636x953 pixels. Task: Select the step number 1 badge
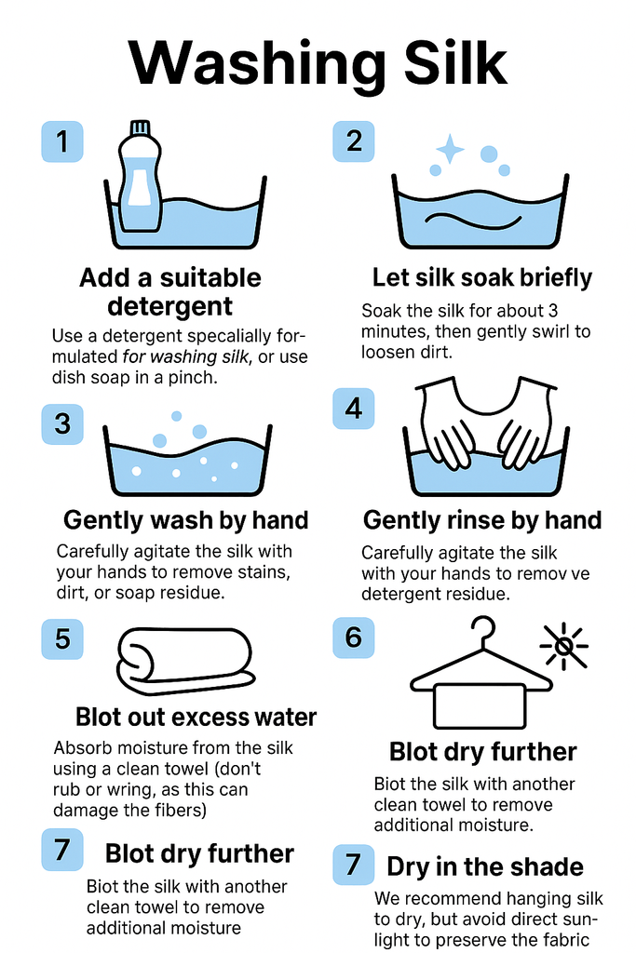point(62,141)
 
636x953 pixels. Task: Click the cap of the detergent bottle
point(141,127)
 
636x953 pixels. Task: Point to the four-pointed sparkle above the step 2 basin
point(450,149)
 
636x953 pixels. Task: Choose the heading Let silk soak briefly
point(482,277)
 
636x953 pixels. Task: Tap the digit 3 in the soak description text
point(552,311)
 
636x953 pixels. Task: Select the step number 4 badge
point(353,409)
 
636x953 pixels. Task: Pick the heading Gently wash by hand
point(186,520)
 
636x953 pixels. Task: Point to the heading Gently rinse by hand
point(482,520)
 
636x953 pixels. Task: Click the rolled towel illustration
point(186,662)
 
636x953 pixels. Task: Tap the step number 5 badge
point(62,639)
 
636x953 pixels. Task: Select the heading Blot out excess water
point(196,718)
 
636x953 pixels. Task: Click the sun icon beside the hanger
point(564,646)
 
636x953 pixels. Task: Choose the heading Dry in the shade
point(484,866)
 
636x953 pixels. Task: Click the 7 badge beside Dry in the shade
point(353,865)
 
